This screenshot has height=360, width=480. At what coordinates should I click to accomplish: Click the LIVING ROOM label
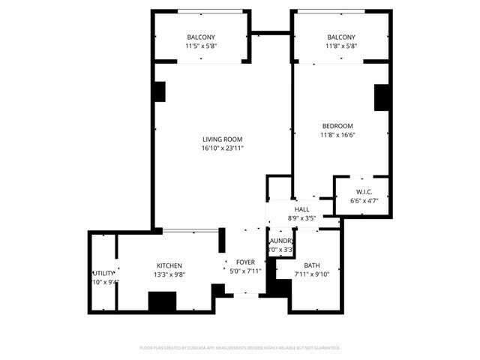[x=223, y=139]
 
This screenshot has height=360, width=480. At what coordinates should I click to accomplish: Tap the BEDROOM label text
[x=337, y=125]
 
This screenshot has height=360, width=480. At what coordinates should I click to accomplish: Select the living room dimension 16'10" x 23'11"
[x=223, y=148]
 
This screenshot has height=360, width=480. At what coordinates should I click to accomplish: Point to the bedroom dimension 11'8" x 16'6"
[x=337, y=135]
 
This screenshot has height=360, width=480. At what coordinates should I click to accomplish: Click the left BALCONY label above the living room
[x=201, y=37]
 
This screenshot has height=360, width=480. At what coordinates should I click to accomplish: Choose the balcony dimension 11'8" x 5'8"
[x=341, y=46]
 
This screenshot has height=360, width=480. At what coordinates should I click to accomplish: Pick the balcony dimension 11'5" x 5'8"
[x=201, y=46]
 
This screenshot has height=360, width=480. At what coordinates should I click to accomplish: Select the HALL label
[x=302, y=209]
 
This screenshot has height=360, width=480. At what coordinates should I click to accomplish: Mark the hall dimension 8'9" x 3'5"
[x=302, y=218]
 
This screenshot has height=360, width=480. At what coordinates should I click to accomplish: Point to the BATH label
[x=311, y=265]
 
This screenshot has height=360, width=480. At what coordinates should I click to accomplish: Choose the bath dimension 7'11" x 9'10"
[x=311, y=274]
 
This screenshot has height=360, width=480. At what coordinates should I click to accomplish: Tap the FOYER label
[x=246, y=262]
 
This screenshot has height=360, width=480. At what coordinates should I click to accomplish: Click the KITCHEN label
[x=169, y=265]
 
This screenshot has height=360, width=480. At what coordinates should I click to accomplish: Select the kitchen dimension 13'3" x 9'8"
[x=169, y=274]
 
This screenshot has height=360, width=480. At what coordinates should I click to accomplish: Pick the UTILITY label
[x=103, y=273]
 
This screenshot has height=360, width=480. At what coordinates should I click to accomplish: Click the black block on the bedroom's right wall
[x=382, y=98]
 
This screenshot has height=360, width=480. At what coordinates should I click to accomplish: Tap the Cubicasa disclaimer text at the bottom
[x=240, y=348]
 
